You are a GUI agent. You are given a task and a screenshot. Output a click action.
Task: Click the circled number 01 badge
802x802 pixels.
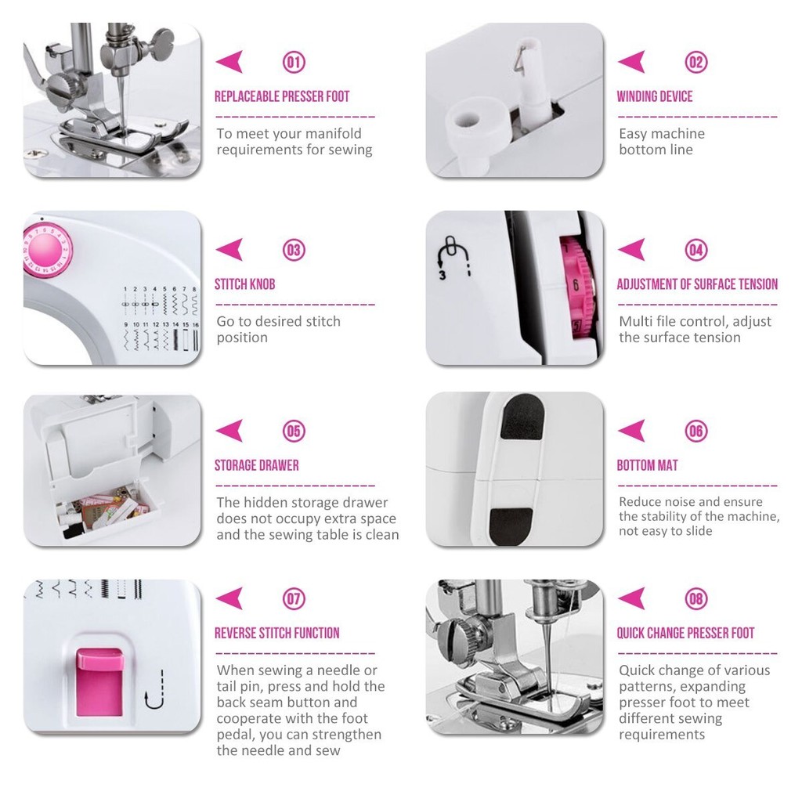[294, 63]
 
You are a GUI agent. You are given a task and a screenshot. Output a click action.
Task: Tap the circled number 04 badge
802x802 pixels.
[696, 250]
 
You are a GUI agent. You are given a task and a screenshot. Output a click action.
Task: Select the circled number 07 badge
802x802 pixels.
[294, 599]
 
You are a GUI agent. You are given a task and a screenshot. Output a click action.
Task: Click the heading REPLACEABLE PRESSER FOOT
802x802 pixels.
[282, 96]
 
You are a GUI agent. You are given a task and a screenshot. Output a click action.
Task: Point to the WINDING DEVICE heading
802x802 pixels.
[655, 96]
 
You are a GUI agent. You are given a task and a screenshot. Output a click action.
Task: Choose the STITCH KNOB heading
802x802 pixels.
[245, 284]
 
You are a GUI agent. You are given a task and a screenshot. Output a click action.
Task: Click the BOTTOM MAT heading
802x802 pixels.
[647, 465]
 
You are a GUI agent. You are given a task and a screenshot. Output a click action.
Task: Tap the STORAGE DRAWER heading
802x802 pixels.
[257, 465]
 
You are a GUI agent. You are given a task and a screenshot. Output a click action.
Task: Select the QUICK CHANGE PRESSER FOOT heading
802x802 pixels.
[685, 633]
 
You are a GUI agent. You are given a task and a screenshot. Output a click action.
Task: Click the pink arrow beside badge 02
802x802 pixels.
[632, 62]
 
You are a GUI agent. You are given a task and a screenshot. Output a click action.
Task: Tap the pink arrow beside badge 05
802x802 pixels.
[229, 431]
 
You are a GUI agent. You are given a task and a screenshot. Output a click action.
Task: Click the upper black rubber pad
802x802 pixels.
[522, 417]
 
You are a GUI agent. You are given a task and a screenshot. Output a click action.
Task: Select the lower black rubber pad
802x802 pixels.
[511, 526]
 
